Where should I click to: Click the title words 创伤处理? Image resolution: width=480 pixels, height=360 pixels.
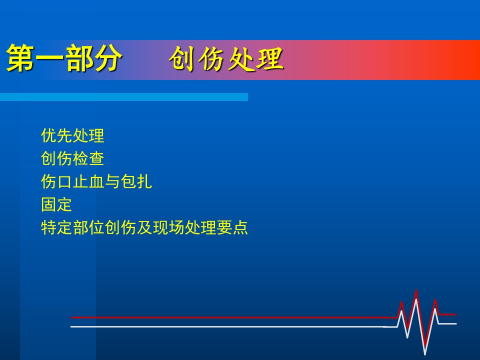pos(226,60)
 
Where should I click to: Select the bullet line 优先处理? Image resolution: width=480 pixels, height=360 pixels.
pos(72,135)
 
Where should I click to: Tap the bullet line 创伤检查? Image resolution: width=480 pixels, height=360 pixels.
pos(72,158)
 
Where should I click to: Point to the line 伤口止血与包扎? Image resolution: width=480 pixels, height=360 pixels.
pos(96,181)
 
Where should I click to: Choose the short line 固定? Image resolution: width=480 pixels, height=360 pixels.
pos(56,205)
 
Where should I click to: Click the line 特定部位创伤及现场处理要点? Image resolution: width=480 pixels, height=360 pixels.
pos(144,228)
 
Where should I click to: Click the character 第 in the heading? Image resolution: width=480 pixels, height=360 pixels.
pos(20,59)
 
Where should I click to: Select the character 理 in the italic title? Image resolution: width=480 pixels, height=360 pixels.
pos(270,60)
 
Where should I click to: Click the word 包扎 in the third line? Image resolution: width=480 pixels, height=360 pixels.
pos(136,181)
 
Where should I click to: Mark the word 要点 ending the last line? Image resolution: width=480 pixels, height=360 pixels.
pos(232,228)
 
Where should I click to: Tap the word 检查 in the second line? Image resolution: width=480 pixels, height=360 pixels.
pos(88,158)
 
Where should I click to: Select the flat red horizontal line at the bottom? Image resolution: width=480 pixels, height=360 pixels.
pos(225,317)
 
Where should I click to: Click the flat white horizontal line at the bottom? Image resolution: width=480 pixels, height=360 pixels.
pos(225,326)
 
